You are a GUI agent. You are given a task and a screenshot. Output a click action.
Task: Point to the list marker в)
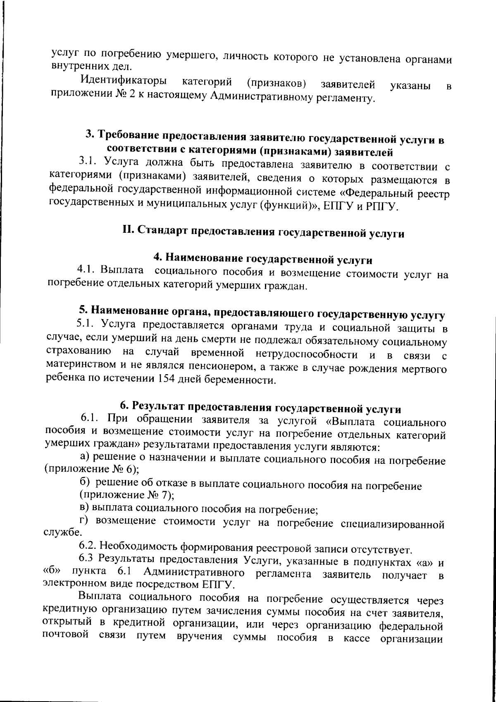pos(84,508)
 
